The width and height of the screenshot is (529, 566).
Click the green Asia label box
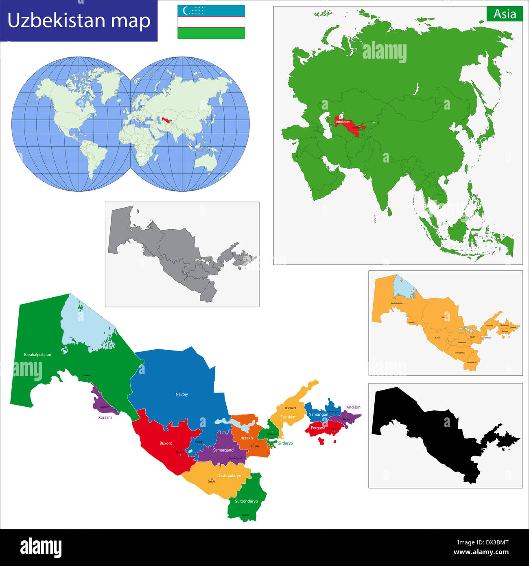tap(505, 14)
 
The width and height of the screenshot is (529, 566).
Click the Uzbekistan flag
tap(211, 22)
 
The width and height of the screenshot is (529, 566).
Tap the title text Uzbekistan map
tap(79, 21)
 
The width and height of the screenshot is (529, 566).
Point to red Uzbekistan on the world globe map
tap(165, 120)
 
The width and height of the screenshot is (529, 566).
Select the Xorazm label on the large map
tap(105, 417)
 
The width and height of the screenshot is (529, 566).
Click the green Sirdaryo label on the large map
tap(285, 443)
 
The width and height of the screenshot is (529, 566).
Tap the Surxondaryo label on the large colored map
tap(246, 501)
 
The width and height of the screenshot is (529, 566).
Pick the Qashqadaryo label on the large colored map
tap(229, 476)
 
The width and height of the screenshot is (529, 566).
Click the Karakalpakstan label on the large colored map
tap(37, 355)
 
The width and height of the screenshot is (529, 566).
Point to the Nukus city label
tap(87, 375)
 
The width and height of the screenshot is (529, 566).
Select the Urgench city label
tap(104, 407)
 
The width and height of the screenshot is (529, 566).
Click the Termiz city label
tap(245, 515)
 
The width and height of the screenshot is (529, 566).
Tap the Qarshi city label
tap(211, 482)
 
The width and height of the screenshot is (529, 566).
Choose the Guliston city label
tap(272, 434)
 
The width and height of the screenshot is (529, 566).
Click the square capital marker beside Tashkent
tap(281, 408)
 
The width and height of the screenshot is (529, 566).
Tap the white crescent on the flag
tap(186, 10)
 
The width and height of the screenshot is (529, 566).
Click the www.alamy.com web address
tap(481, 553)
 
